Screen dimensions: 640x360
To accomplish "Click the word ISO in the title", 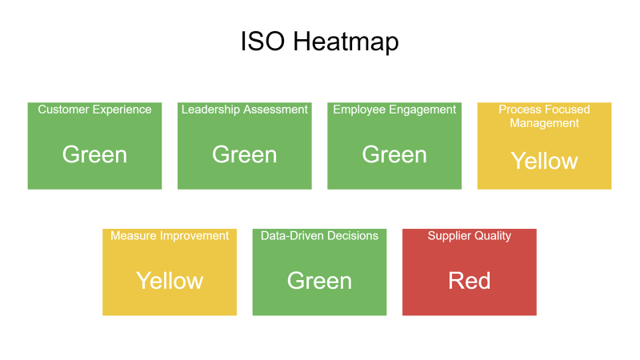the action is point(262,42).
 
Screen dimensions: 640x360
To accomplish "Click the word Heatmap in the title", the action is point(346,42).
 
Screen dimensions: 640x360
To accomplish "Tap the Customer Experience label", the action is point(94,110).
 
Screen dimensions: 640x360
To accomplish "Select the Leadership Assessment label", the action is point(245,110).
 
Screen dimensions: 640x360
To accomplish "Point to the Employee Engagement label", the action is point(394,110).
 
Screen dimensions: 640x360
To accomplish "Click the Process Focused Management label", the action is point(545,116).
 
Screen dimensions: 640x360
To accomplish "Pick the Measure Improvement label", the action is point(170,236).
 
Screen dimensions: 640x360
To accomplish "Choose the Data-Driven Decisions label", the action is point(319,235).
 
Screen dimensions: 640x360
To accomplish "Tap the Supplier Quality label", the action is point(470,236).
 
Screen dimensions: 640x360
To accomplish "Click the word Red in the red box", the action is point(470,281).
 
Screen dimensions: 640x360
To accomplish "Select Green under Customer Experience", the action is point(94,154).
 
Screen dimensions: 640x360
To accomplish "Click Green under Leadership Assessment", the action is point(245,154).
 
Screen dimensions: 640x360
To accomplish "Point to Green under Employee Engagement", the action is point(394,154).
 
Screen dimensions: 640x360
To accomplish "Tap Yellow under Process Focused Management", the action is point(545,161).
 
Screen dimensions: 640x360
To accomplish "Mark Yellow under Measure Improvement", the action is point(170,281).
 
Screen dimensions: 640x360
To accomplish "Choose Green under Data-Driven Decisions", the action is point(319,281).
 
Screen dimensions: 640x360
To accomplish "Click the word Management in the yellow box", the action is point(545,123).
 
